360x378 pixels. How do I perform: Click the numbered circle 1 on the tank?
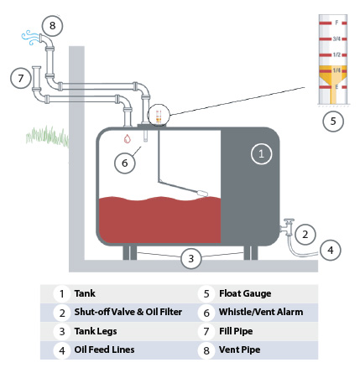click(x=261, y=153)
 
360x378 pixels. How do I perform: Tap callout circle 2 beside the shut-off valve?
click(x=307, y=234)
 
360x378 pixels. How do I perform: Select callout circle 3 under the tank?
click(x=191, y=259)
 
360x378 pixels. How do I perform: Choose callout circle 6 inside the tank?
click(x=124, y=163)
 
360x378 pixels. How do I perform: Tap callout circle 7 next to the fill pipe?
click(x=20, y=78)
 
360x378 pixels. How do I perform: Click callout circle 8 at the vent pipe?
click(x=54, y=25)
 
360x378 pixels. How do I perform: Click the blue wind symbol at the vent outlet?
click(x=28, y=37)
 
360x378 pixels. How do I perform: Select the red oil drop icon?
click(x=127, y=138)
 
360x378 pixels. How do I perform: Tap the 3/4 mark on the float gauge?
click(x=336, y=39)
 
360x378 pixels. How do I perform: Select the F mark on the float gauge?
click(x=336, y=21)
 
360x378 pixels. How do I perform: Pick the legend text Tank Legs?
click(x=96, y=331)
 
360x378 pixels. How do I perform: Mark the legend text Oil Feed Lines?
click(x=104, y=350)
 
